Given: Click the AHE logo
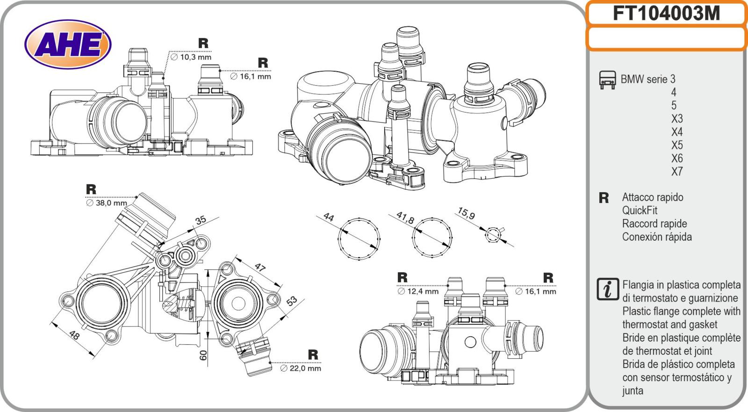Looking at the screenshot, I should [x=68, y=45].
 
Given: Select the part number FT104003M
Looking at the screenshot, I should [x=666, y=14].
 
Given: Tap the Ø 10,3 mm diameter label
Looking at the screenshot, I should [x=191, y=57].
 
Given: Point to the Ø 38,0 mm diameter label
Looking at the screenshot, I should [x=106, y=203].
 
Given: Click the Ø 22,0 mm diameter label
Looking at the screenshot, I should [x=301, y=368].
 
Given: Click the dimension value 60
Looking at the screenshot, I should [x=203, y=355].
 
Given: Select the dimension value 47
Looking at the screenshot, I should [x=260, y=267].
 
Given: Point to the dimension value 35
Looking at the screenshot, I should [x=201, y=220].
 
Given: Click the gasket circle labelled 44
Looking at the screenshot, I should [x=359, y=238].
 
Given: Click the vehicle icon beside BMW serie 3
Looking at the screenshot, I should [x=607, y=80].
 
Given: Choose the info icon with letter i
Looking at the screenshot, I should [x=608, y=289].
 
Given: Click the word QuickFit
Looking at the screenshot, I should [x=640, y=210].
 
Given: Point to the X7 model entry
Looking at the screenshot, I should [x=677, y=172].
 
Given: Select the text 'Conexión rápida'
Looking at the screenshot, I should [x=656, y=237].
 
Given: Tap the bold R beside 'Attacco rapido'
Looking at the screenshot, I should [x=604, y=198].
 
